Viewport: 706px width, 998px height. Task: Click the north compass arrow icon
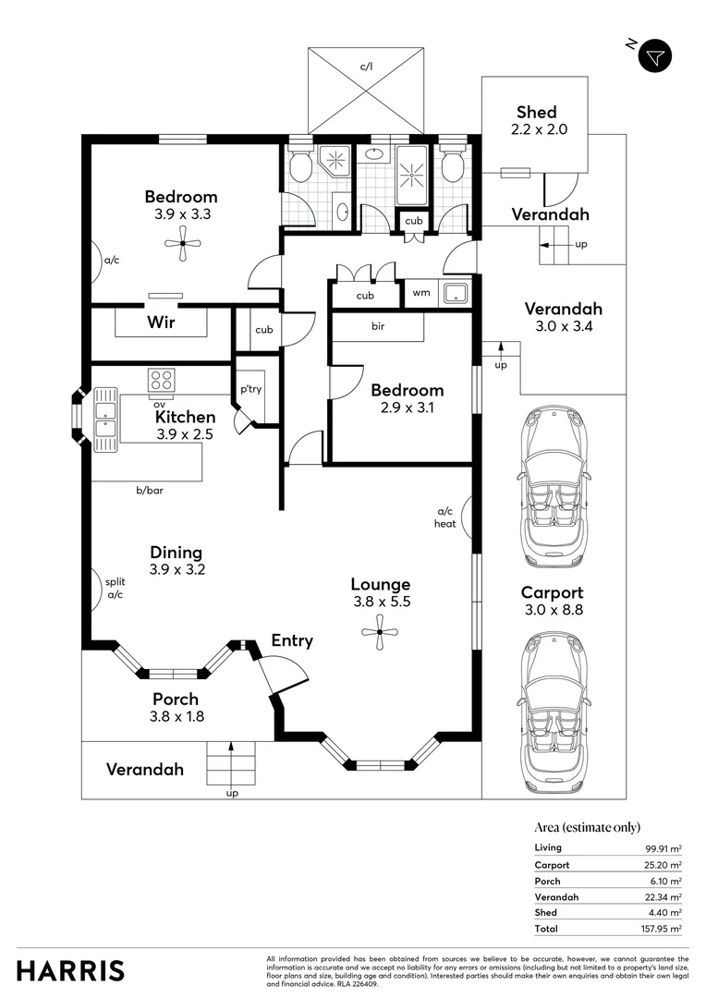[655, 56]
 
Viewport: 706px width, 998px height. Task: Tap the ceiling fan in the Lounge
[380, 632]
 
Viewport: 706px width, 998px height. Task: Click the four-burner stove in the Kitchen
[161, 380]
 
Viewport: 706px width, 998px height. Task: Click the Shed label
[537, 112]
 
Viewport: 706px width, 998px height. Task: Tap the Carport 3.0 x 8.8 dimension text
[552, 610]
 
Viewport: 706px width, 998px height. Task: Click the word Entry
[292, 641]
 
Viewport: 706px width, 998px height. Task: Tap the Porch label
[176, 699]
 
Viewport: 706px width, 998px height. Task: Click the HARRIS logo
[70, 971]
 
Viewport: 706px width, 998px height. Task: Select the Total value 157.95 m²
[662, 929]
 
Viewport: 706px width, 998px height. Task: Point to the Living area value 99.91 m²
[663, 848]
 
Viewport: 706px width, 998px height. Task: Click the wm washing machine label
[421, 293]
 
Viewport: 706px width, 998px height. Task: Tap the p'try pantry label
[250, 389]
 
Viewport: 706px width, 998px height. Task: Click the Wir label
[161, 323]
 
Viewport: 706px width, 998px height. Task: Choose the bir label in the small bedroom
[378, 326]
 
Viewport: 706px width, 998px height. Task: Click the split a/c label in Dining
[116, 588]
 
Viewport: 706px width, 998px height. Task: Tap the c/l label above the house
[366, 67]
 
